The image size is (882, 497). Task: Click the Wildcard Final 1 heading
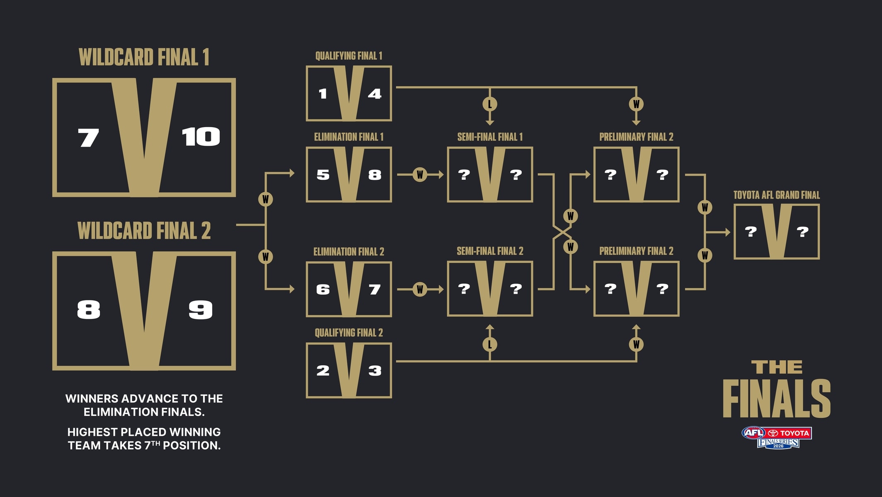144,57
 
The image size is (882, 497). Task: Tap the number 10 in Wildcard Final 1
201,137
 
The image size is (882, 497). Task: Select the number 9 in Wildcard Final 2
201,310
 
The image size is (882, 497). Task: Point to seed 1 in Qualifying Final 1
323,94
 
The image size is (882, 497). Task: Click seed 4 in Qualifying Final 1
375,94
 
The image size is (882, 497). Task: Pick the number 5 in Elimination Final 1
323,175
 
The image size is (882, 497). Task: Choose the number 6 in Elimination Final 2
323,289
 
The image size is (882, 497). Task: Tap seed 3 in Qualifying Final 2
375,370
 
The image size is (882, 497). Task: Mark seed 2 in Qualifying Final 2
323,370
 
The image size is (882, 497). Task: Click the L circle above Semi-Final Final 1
490,104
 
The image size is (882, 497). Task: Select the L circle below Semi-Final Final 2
490,344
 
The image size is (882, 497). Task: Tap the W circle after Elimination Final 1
420,175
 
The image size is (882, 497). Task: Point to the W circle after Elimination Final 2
420,289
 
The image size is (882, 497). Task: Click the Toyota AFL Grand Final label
777,195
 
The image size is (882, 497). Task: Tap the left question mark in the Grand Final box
751,232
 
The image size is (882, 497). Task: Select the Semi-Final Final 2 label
490,251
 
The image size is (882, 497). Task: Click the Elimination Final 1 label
349,137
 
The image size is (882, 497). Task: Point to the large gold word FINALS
777,398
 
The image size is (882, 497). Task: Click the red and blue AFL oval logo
754,433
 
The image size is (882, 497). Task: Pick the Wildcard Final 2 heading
144,231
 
